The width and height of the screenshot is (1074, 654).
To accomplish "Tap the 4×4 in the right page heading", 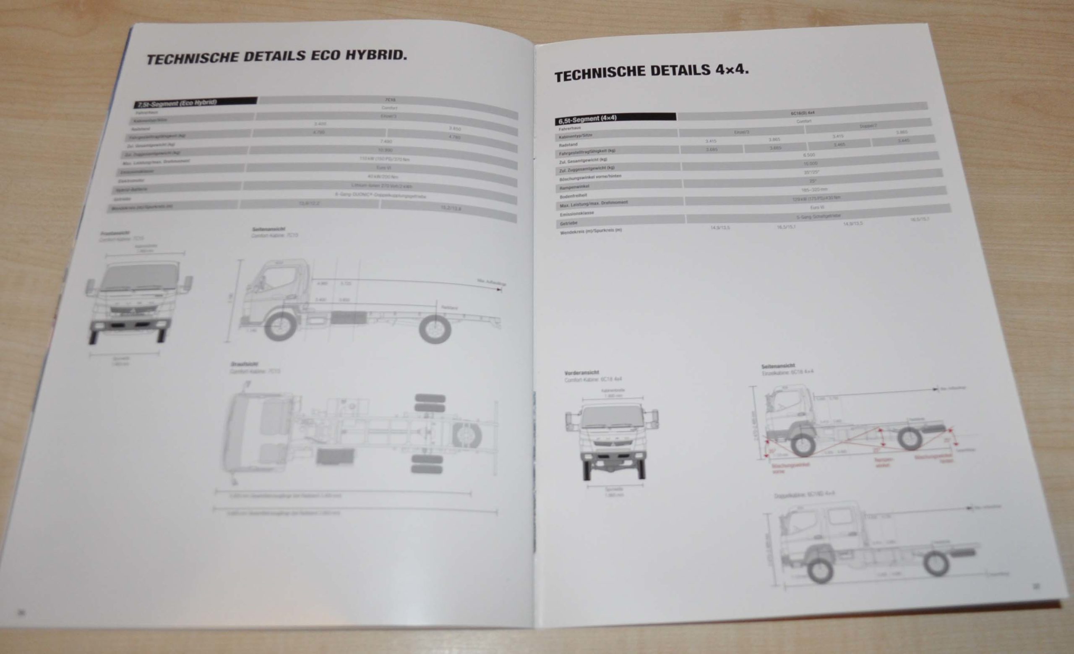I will coord(731,70).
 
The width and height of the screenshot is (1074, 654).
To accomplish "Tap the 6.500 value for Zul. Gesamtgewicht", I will coord(808,155).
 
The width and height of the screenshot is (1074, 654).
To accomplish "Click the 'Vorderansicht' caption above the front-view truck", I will coord(581,373).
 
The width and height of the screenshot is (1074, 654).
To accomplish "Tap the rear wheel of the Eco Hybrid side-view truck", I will coord(434,328).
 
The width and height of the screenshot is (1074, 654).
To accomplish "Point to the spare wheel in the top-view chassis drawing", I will coord(467,435).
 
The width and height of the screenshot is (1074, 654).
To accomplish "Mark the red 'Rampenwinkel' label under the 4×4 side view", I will coord(884,462).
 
